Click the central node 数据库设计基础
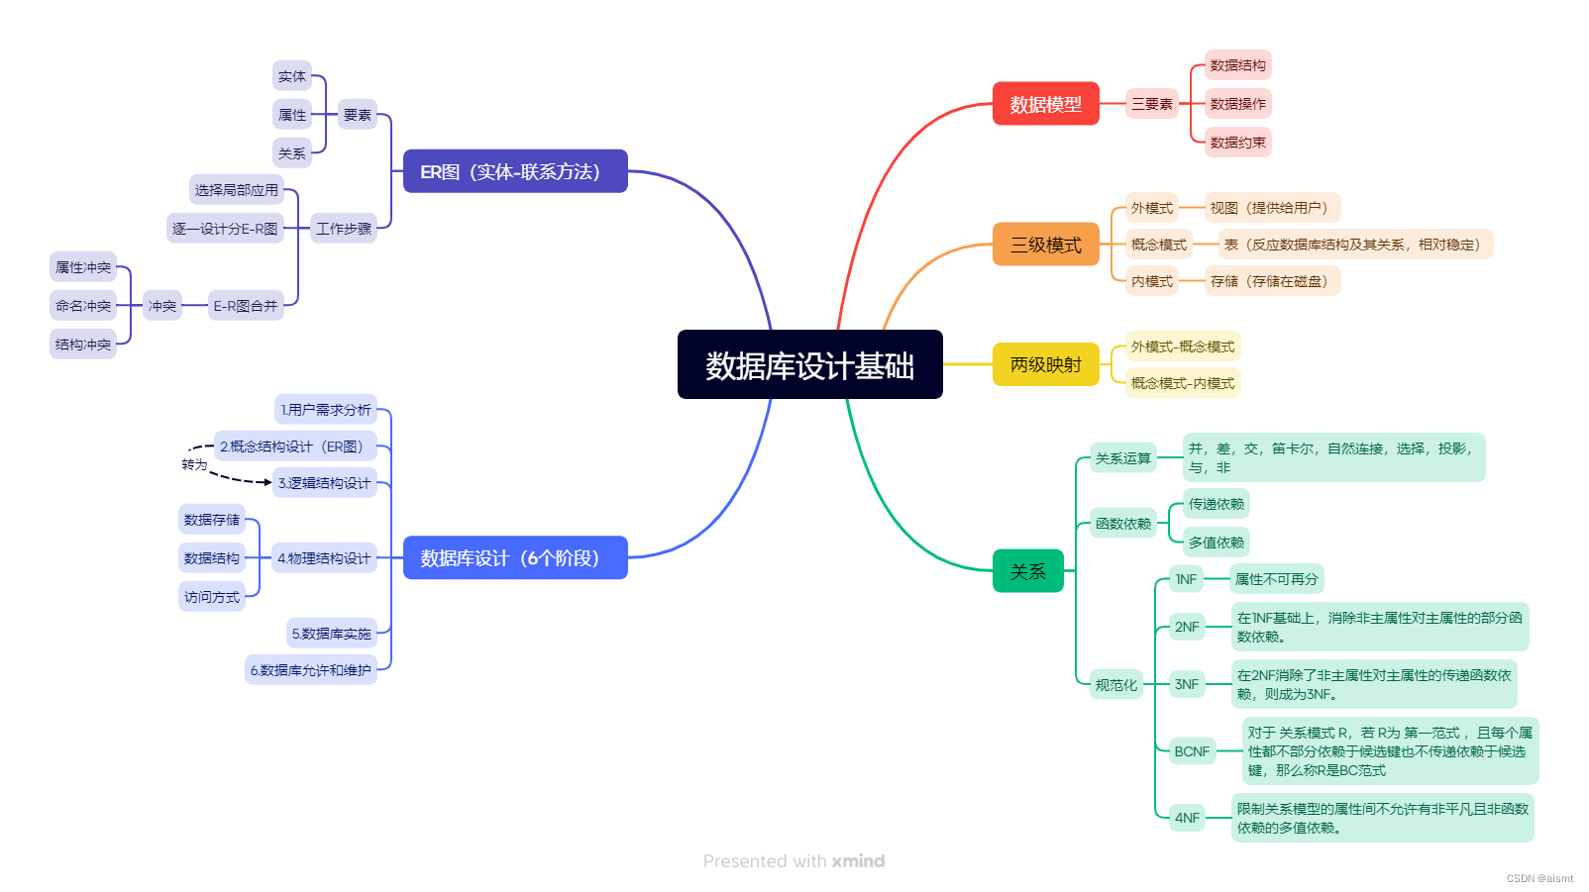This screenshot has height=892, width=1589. click(x=809, y=365)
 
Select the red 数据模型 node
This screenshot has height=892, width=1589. click(x=1045, y=104)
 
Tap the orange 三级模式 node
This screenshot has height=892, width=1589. click(x=1045, y=245)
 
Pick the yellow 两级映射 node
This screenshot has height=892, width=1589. click(x=1045, y=364)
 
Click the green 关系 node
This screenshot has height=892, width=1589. click(x=1027, y=571)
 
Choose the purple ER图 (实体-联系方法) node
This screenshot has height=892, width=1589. click(x=515, y=171)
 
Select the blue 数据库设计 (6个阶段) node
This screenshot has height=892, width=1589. click(x=515, y=557)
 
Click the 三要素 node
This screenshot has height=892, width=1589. click(x=1152, y=104)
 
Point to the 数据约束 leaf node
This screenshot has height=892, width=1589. click(x=1237, y=143)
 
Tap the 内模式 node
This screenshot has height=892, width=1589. click(x=1152, y=281)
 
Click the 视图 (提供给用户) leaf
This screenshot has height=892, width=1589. click(x=1272, y=208)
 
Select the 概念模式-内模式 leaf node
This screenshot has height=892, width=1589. click(x=1183, y=383)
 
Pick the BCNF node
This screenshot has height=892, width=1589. click(x=1192, y=751)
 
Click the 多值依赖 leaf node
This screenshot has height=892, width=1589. click(x=1217, y=543)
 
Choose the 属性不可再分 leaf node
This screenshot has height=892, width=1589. click(x=1276, y=579)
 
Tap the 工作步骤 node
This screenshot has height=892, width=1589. click(x=344, y=229)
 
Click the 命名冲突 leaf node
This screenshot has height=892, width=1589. click(x=83, y=306)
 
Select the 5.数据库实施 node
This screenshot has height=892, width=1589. click(x=331, y=634)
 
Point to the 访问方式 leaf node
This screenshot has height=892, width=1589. click(x=212, y=597)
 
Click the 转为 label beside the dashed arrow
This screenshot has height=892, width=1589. click(x=194, y=464)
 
